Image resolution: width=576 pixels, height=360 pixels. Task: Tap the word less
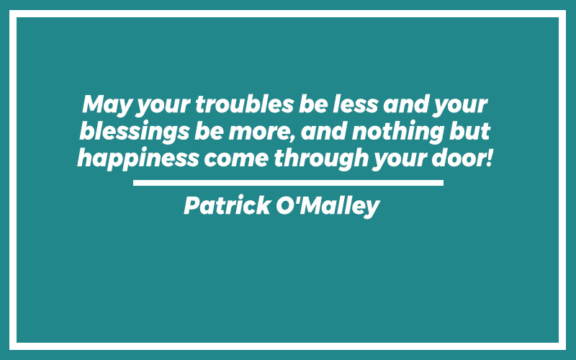coord(355,104)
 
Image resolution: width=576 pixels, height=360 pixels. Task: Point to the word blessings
coord(135,132)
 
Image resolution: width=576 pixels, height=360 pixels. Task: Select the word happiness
coord(138,159)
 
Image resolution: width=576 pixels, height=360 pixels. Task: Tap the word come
coord(236,159)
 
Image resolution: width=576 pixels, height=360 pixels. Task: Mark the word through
coord(321,159)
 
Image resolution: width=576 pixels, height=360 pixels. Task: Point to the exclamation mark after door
coord(489,158)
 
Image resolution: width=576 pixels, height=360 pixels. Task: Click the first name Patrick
coord(227,205)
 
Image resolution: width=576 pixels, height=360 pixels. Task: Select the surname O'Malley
coord(328,206)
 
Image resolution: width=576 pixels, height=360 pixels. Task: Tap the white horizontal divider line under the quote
coord(289,183)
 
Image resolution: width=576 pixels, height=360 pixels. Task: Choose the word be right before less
coord(313,104)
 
